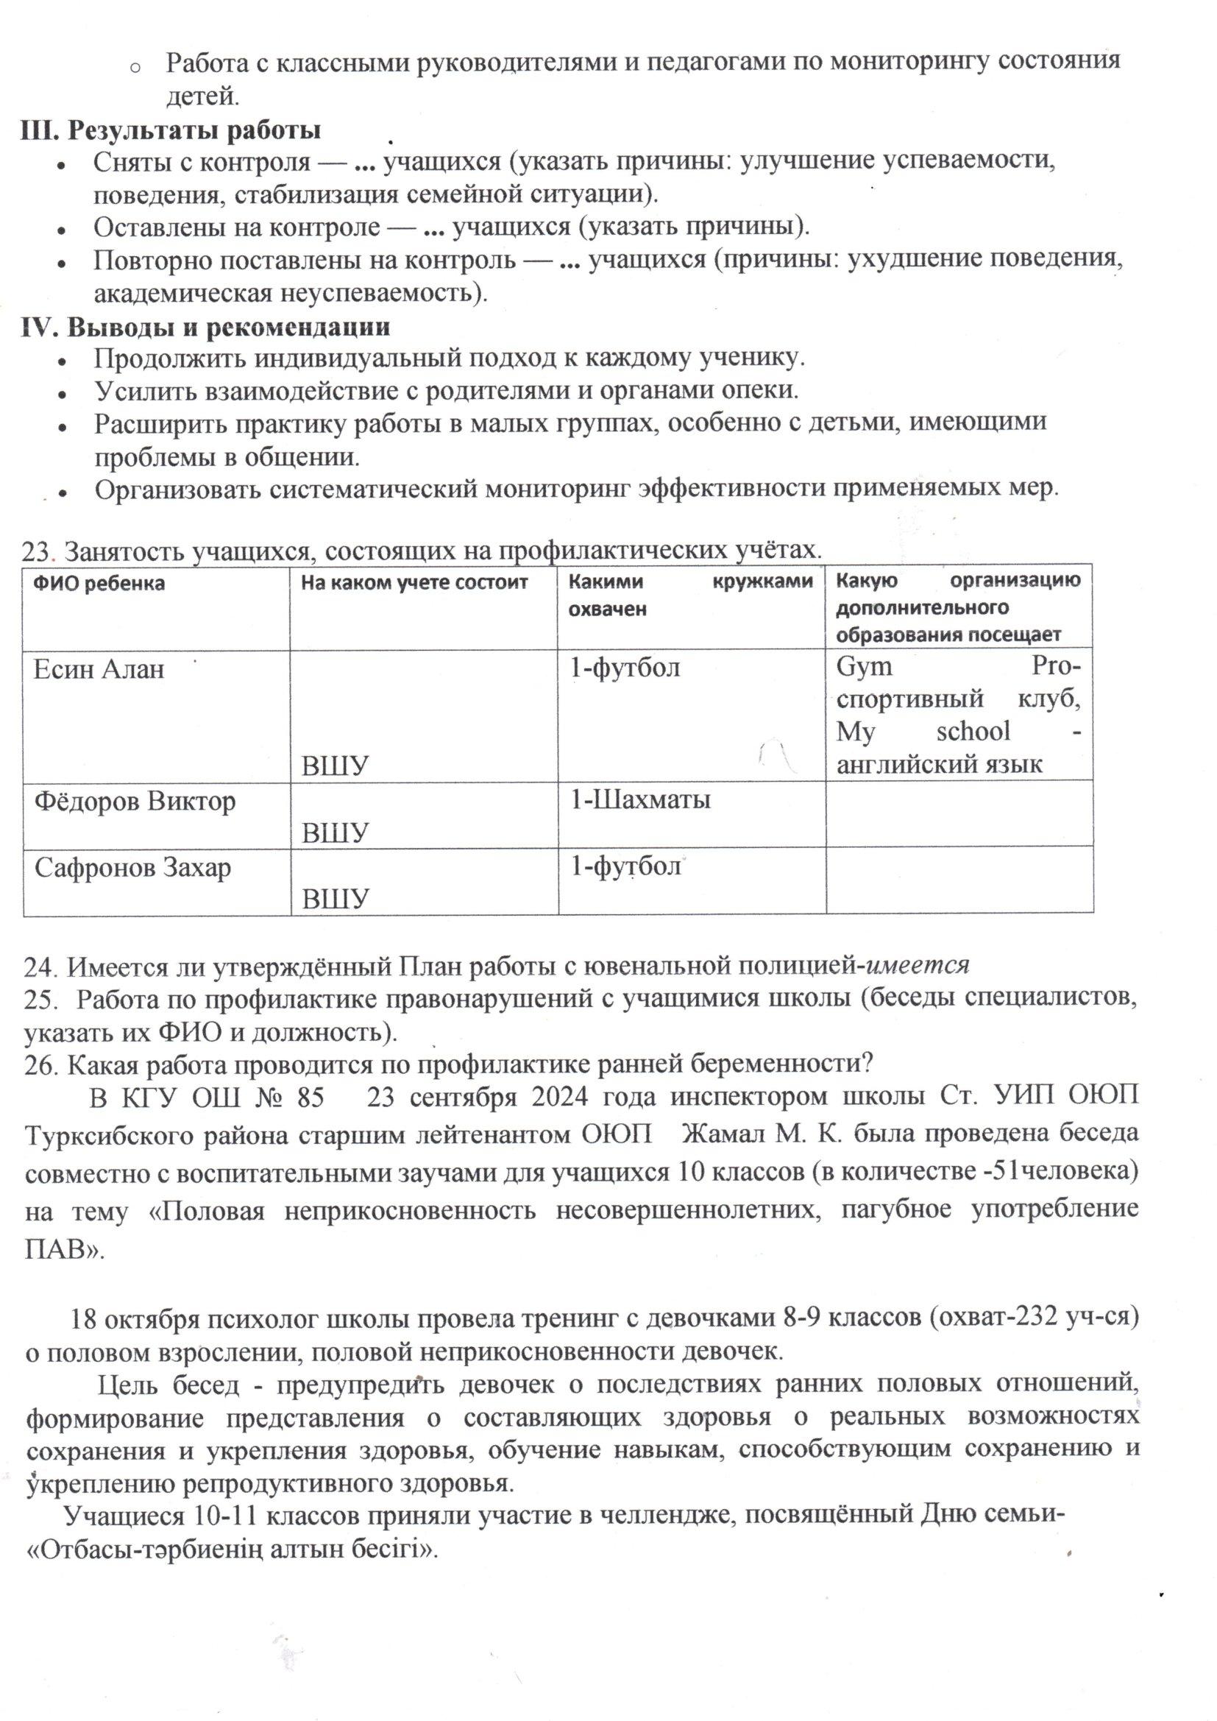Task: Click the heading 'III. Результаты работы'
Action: click(x=171, y=130)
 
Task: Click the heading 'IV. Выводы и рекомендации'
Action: click(x=205, y=328)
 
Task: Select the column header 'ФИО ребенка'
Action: click(x=99, y=583)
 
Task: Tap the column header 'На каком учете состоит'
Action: click(x=414, y=582)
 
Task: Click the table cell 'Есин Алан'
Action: click(x=98, y=668)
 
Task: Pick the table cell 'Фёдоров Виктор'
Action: click(x=135, y=802)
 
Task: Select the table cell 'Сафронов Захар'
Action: click(x=132, y=868)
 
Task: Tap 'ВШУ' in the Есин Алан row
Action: click(x=336, y=766)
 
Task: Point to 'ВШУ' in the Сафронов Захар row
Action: click(x=336, y=899)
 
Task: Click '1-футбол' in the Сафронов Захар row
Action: click(x=625, y=866)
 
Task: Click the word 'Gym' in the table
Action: click(x=864, y=666)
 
